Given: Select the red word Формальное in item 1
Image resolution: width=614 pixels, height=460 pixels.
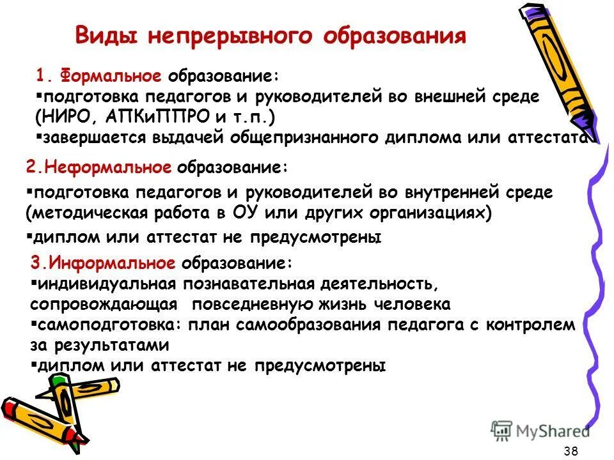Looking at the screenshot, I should [111, 77].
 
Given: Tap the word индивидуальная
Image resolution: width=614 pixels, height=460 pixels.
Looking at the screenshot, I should [107, 282].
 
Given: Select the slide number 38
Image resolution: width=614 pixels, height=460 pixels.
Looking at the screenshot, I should [571, 451].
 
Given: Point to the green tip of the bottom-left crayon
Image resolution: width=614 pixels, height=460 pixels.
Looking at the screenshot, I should [59, 381].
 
